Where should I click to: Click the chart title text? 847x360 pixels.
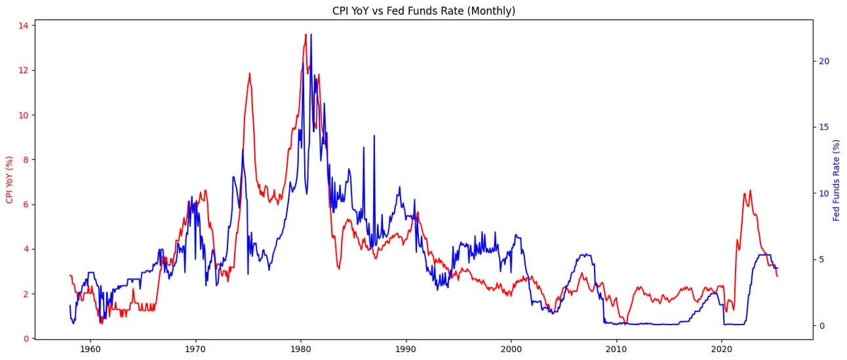(424, 10)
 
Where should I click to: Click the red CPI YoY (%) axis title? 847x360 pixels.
(9, 180)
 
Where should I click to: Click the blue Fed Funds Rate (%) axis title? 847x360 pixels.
(837, 180)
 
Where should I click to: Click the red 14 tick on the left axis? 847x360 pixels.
(22, 26)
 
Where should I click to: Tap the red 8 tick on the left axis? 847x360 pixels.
(24, 160)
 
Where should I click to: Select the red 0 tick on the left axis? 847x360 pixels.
(24, 338)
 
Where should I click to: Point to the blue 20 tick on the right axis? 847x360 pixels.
(824, 61)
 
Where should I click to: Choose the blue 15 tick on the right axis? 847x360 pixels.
(824, 127)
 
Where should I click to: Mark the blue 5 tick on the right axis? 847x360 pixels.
(821, 260)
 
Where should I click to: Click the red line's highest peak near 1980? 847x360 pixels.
(305, 35)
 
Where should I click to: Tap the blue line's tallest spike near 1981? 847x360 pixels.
(311, 35)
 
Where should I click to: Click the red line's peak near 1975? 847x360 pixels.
(249, 73)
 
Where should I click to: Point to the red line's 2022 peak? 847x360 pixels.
(750, 191)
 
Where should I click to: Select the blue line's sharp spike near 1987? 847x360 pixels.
(374, 136)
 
